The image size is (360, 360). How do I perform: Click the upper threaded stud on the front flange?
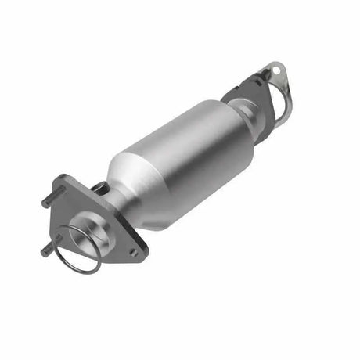point(49,201)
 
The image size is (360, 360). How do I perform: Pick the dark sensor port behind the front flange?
point(101,187)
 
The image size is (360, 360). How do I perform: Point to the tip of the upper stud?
point(43,205)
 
